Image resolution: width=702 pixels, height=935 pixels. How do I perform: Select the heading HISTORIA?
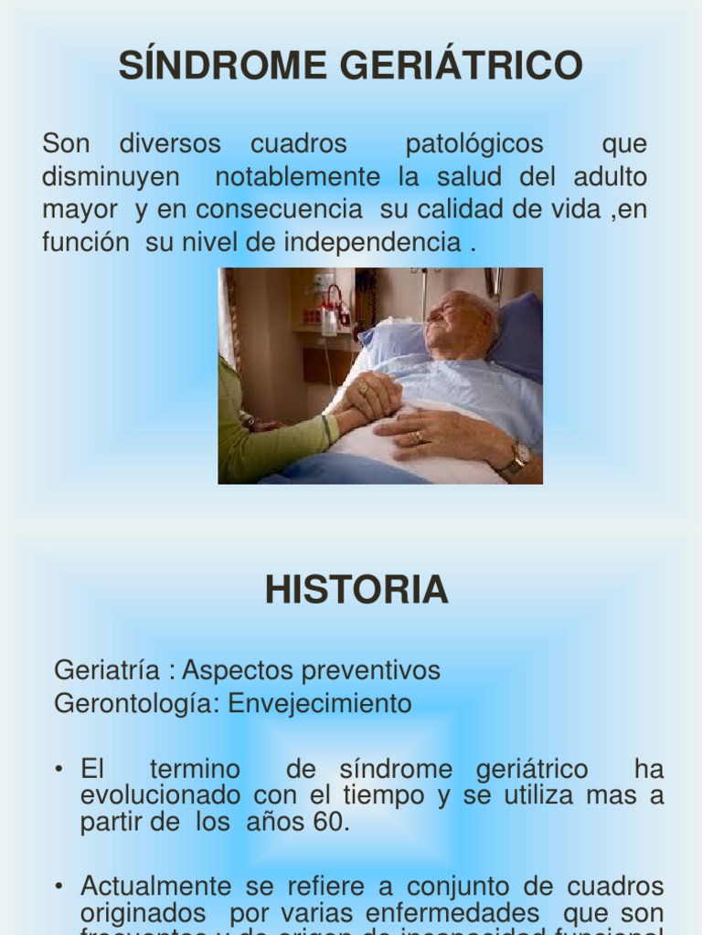tap(356, 591)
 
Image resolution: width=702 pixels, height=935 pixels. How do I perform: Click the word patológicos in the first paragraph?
tap(474, 144)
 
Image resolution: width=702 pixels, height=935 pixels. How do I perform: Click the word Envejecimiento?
tap(320, 704)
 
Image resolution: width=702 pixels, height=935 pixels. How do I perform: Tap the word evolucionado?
tap(162, 795)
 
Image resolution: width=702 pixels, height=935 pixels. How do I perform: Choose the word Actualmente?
tap(156, 886)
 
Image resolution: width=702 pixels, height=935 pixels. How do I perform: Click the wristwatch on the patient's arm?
tap(518, 456)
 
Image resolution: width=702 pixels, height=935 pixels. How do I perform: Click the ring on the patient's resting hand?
tap(420, 436)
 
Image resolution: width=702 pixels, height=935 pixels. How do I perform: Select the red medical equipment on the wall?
tap(333, 306)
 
